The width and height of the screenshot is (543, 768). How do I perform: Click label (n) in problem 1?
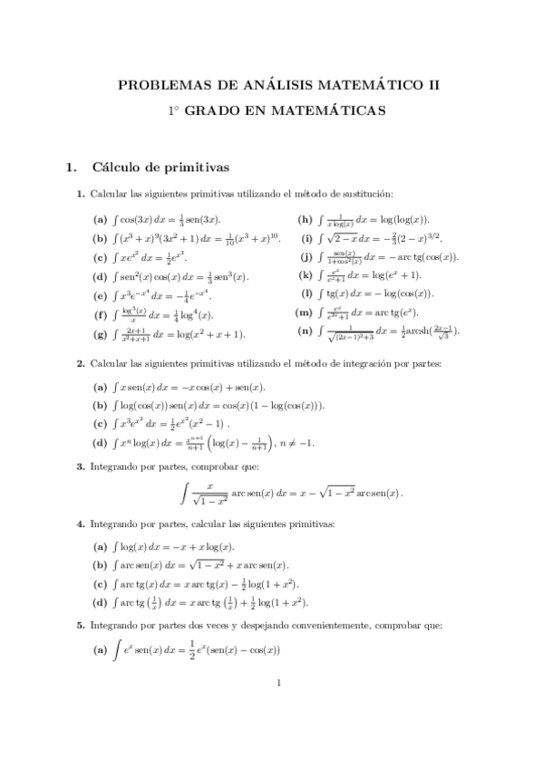tap(305, 331)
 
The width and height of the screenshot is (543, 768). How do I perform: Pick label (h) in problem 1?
tap(305, 219)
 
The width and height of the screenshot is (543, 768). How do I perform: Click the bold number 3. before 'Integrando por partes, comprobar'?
tap(81, 466)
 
